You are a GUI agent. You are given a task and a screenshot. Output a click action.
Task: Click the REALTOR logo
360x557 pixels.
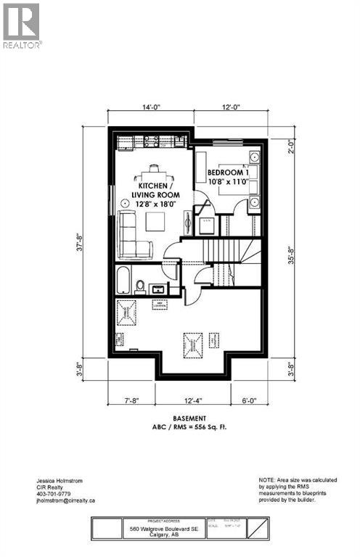point(22,25)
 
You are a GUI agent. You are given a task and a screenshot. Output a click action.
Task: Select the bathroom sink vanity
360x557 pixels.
point(158,289)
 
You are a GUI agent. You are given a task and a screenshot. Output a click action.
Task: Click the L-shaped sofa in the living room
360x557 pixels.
point(131,236)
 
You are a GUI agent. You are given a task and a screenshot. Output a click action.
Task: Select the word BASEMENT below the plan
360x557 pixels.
point(189,418)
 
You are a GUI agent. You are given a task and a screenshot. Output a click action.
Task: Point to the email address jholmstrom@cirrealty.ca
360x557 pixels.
point(66,500)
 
